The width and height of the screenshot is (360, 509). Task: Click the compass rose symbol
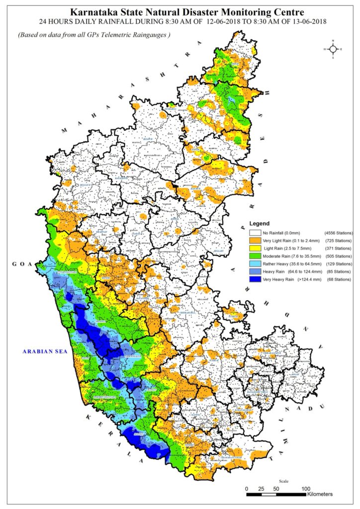click(x=332, y=49)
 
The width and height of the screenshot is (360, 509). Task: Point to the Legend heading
click(x=259, y=224)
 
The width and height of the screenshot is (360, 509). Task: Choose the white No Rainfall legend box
click(x=255, y=232)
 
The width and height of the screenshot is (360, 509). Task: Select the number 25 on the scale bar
click(x=261, y=488)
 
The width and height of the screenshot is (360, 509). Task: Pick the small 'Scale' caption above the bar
click(x=283, y=481)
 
